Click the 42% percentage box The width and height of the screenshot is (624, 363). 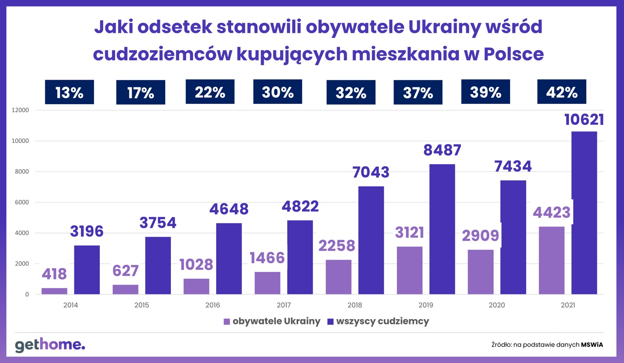tap(562, 92)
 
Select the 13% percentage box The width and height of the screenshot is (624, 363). tap(69, 92)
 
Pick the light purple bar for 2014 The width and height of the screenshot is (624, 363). tap(54, 291)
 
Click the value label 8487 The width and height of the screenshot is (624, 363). tap(442, 150)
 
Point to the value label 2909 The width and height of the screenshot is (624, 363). tap(480, 236)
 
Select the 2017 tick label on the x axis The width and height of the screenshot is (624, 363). tap(283, 305)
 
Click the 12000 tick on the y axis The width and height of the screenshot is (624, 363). tap(21, 110)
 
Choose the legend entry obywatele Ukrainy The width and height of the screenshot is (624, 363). tap(272, 321)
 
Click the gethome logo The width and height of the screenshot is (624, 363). tap(50, 345)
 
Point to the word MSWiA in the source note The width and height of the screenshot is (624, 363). tap(592, 345)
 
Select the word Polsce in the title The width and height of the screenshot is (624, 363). tap(513, 54)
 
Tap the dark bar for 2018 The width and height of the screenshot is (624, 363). tap(371, 240)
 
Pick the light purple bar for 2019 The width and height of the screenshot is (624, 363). tap(410, 270)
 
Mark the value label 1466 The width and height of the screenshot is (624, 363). tap(267, 258)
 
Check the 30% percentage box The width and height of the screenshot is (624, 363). tap(278, 92)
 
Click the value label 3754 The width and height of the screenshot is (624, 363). tap(158, 223)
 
